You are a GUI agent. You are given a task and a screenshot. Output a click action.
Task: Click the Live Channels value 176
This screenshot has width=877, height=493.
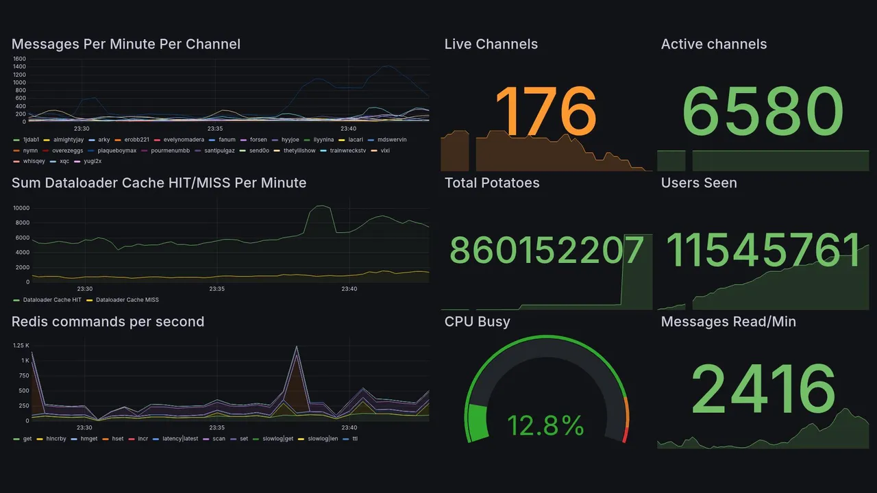coord(545,111)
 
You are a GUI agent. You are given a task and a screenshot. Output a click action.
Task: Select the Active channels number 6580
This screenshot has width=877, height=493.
coord(763,111)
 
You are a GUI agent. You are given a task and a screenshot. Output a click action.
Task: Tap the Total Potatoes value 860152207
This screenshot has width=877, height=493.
coord(547,251)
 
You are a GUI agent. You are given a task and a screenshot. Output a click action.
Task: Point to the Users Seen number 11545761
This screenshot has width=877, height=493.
coord(763,251)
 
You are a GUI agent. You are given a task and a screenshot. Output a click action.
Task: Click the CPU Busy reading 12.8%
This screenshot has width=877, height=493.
coord(545,426)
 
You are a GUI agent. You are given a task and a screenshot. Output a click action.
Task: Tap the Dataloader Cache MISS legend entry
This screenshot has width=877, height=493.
coord(127,300)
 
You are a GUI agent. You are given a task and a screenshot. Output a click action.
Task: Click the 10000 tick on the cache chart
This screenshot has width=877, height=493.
coord(21,208)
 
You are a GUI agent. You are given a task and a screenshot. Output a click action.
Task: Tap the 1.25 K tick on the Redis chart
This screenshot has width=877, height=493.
coord(21,346)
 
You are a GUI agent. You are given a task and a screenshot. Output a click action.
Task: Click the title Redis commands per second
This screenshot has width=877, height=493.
coord(108,322)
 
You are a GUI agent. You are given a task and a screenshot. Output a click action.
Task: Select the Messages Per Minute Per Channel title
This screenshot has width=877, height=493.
coord(126,45)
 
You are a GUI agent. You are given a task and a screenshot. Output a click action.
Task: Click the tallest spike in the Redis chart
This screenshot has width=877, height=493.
coord(297,349)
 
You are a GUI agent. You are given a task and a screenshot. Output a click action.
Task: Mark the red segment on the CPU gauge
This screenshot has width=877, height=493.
coord(624,435)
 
